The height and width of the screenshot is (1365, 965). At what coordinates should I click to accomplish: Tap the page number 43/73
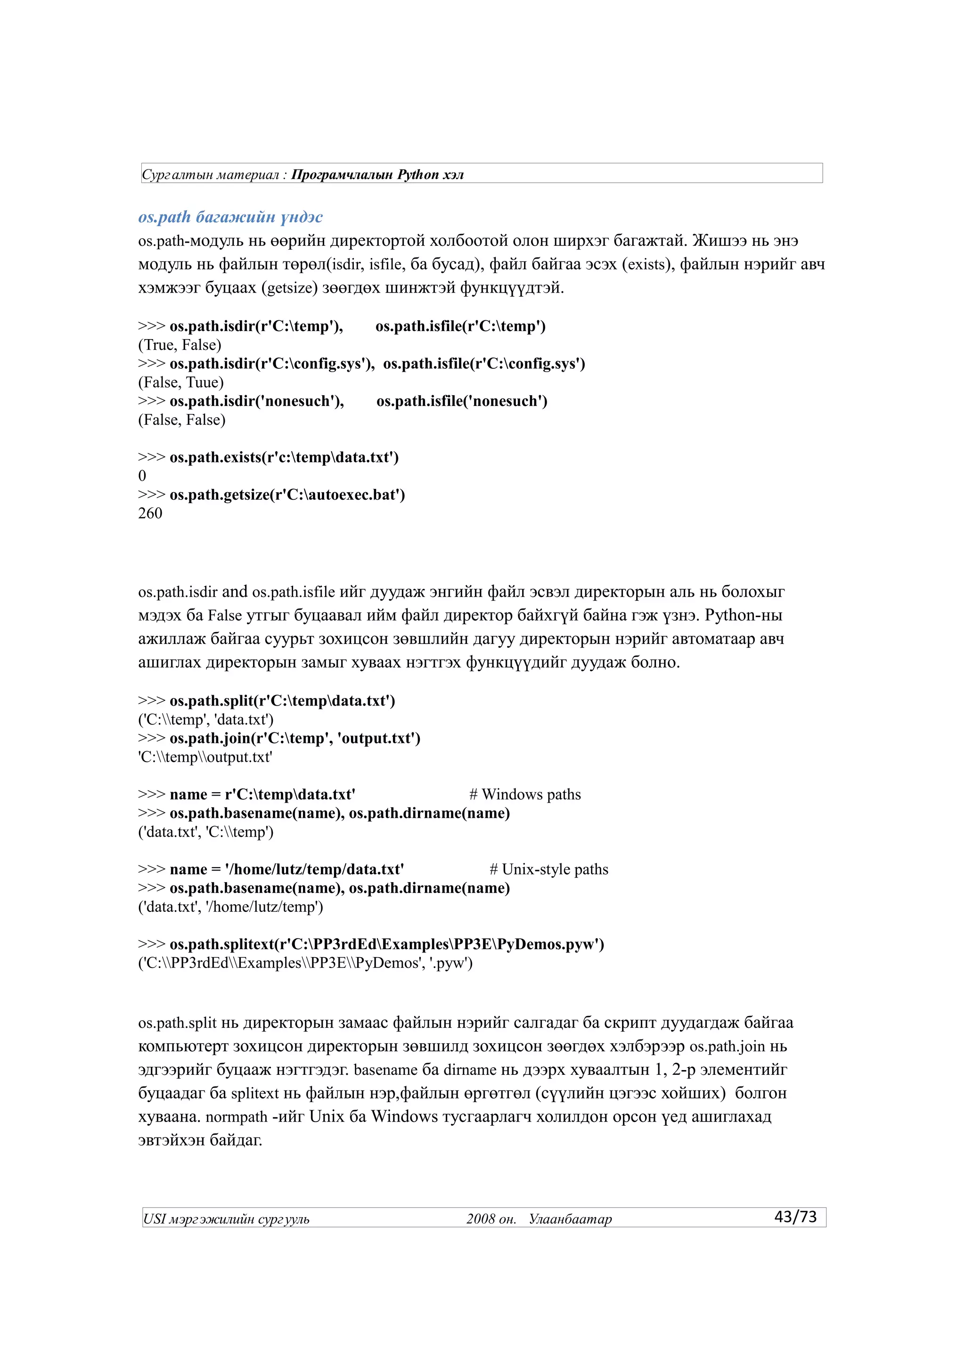click(x=795, y=1216)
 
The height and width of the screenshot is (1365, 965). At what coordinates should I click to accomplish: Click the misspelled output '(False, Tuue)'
click(x=181, y=382)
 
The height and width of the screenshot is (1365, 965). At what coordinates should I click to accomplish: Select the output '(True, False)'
click(x=180, y=345)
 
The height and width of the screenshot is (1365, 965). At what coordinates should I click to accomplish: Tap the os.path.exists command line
click(x=268, y=457)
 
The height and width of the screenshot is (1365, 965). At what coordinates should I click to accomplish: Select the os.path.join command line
click(x=279, y=739)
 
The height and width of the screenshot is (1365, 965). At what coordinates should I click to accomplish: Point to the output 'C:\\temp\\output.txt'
click(x=205, y=757)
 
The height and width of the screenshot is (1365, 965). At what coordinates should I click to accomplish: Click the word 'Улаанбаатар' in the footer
click(x=570, y=1219)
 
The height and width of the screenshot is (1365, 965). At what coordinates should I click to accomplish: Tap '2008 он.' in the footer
click(x=491, y=1219)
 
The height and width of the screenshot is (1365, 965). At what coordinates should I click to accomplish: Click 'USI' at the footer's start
click(x=154, y=1219)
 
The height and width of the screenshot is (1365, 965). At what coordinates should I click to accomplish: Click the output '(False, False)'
click(x=181, y=420)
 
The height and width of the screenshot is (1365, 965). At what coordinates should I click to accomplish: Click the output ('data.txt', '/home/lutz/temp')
click(x=231, y=907)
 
